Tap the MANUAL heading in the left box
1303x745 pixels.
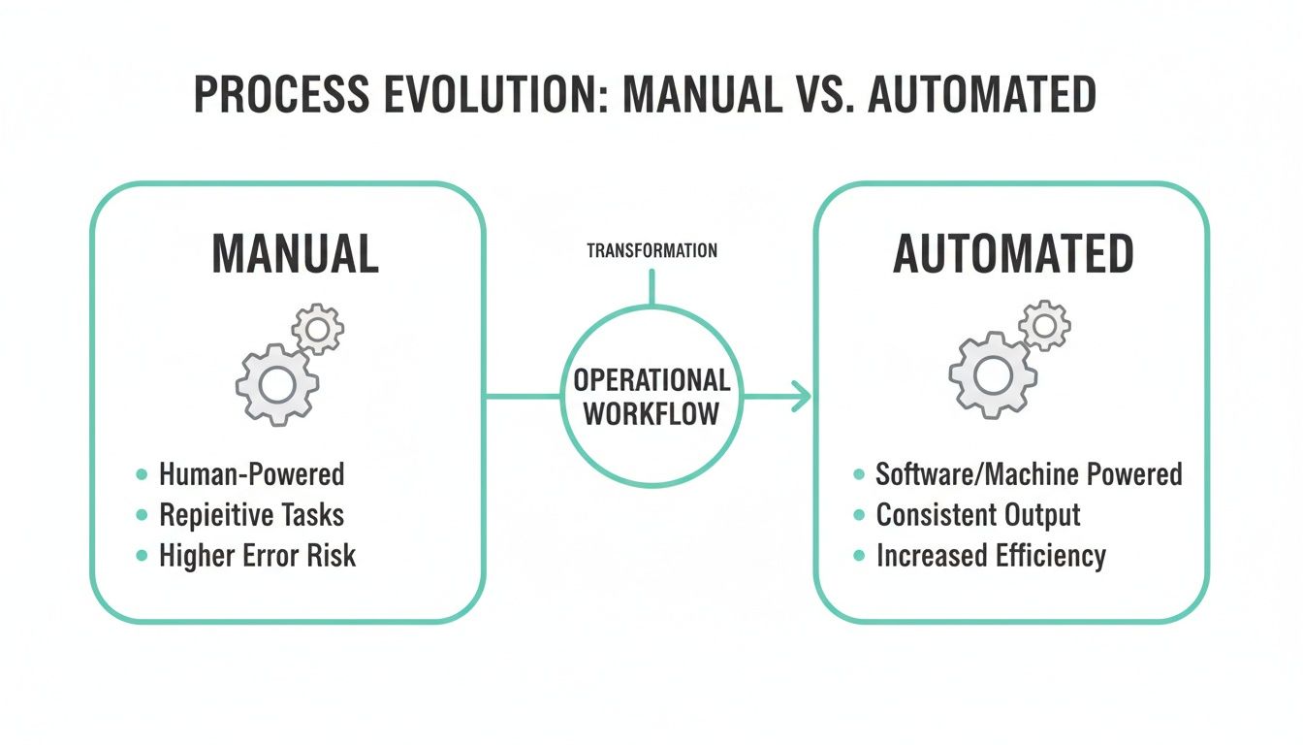click(295, 254)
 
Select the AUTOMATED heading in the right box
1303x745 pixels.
click(1013, 254)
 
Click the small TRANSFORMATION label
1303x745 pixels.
click(651, 251)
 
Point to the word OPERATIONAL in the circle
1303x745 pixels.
click(651, 380)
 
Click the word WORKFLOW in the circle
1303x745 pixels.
click(651, 414)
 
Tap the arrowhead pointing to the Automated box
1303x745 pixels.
click(801, 397)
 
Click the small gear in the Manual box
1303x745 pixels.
click(318, 329)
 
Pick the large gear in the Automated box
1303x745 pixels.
click(992, 373)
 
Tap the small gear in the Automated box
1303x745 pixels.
click(1044, 326)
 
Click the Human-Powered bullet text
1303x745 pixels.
click(251, 474)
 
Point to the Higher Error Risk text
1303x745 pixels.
click(257, 556)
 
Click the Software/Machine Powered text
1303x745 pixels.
click(1029, 474)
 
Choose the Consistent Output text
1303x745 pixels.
click(977, 515)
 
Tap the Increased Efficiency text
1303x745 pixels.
click(991, 556)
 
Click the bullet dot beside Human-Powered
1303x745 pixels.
click(142, 475)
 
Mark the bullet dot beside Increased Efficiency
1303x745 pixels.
click(859, 556)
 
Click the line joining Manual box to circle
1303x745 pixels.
click(524, 397)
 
